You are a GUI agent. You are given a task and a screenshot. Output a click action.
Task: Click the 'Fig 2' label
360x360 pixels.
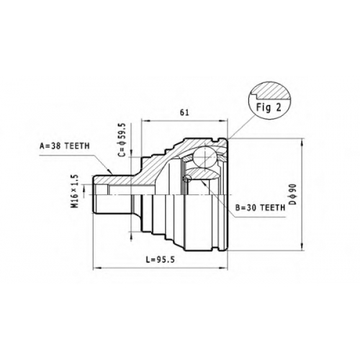[269, 107]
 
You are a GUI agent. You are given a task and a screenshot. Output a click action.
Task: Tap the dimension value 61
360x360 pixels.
[184, 113]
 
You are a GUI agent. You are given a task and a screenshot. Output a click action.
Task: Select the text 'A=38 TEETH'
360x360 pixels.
[65, 145]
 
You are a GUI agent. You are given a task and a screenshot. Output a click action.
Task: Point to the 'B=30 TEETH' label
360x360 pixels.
[260, 207]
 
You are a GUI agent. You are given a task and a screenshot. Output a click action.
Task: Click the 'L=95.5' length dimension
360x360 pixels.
[160, 259]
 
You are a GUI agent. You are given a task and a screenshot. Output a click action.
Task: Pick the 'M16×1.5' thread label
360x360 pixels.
[75, 191]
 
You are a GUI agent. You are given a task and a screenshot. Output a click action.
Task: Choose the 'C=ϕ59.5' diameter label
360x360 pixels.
[122, 140]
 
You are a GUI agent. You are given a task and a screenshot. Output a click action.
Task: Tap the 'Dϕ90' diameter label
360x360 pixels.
[293, 194]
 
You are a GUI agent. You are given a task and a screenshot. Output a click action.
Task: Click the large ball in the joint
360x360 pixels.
[204, 157]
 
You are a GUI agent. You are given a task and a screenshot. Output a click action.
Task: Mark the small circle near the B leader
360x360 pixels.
[187, 178]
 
